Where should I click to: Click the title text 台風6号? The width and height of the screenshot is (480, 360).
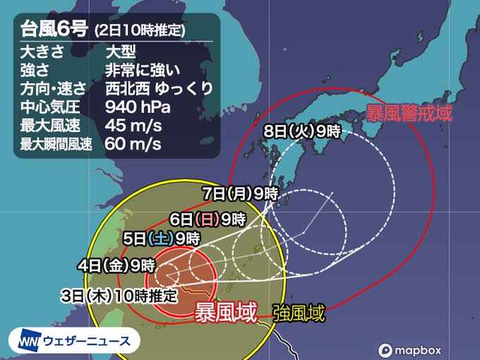pyautogui.click(x=52, y=30)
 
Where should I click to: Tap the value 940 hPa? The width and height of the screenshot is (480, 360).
pyautogui.click(x=138, y=108)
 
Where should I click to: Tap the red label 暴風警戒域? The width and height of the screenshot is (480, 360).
pyautogui.click(x=409, y=112)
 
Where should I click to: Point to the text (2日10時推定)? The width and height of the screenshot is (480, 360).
pyautogui.click(x=140, y=31)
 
